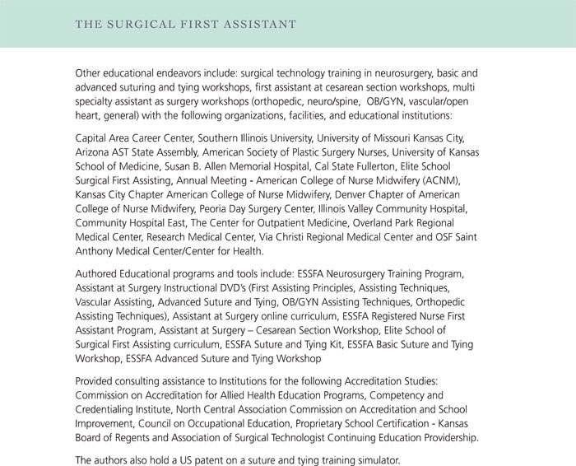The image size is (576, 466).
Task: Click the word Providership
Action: pos(447,437)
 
